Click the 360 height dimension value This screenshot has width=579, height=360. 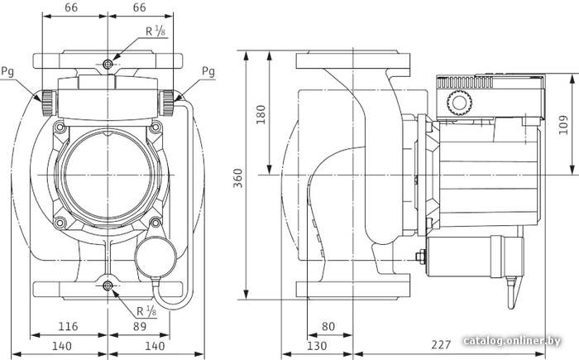(238, 178)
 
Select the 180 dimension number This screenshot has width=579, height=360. (261, 114)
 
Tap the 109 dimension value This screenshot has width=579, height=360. (563, 125)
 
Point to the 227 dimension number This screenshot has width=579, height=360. (441, 344)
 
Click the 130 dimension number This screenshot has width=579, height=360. (317, 346)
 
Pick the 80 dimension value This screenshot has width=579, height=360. (328, 326)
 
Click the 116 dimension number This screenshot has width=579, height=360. (69, 326)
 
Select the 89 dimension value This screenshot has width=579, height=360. (140, 326)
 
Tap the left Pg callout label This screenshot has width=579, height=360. (7, 71)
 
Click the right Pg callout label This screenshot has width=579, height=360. (208, 71)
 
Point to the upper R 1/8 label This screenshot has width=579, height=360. (156, 31)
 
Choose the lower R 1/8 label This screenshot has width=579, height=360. (146, 311)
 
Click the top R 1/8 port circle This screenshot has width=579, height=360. (108, 65)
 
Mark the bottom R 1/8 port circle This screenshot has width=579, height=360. (108, 286)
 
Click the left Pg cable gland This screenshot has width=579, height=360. (48, 103)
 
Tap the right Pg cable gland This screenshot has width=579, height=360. (167, 103)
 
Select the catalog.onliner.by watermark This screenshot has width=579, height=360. (512, 341)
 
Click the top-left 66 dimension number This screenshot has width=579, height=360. (71, 7)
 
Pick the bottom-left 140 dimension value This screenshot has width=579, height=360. (62, 346)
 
